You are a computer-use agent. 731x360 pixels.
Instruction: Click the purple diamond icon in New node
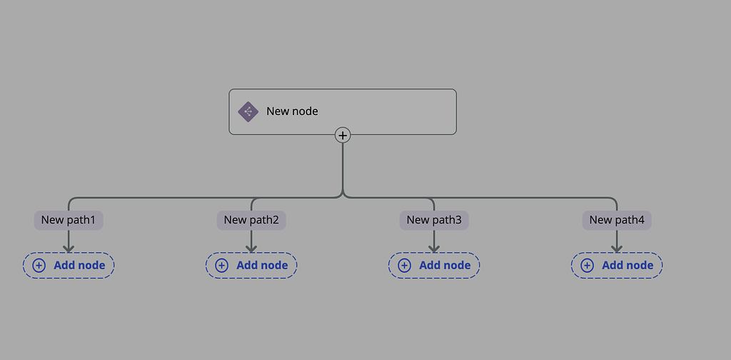(x=248, y=111)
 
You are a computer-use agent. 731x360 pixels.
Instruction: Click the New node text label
(x=292, y=111)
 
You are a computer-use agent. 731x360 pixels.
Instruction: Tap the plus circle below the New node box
(x=343, y=135)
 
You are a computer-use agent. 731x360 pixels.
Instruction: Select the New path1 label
(x=69, y=220)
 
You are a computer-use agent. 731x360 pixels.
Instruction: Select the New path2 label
(x=251, y=220)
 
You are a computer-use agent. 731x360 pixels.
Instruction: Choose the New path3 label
(x=434, y=220)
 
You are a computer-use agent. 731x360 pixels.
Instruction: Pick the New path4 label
(x=617, y=220)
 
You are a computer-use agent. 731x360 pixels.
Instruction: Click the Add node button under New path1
(x=69, y=265)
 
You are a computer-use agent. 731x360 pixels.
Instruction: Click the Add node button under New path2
(x=251, y=265)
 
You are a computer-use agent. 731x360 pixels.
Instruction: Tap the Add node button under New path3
(x=434, y=265)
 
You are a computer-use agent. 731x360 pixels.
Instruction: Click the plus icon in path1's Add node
(x=39, y=265)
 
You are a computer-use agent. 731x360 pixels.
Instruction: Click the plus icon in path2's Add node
(x=222, y=265)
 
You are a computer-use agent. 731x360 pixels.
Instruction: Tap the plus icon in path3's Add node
(x=405, y=265)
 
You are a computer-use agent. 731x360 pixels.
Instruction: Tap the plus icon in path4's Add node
(x=588, y=265)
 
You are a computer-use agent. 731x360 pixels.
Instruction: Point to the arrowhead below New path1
(x=69, y=247)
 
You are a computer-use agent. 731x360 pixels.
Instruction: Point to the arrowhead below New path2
(x=251, y=247)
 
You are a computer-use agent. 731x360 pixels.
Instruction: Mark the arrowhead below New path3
(x=434, y=247)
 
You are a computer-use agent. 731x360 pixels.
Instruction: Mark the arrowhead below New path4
(x=617, y=247)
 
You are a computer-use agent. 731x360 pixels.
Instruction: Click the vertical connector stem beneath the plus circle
(x=343, y=168)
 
